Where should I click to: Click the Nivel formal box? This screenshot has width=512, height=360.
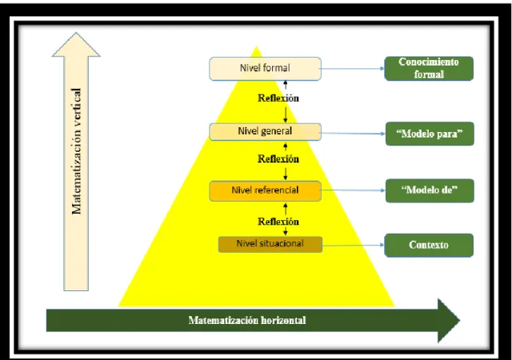tap(265, 68)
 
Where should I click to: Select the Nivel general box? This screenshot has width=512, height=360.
tap(265, 132)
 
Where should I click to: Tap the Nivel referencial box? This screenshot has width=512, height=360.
tap(265, 190)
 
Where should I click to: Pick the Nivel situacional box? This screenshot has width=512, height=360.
tap(270, 244)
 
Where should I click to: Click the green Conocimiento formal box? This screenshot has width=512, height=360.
tap(429, 68)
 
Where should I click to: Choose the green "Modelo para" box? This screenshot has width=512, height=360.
tap(430, 134)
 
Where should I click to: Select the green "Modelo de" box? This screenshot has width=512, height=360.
tap(430, 190)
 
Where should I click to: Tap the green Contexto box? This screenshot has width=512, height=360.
tap(429, 245)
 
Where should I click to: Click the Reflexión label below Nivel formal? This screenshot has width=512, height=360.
tap(278, 98)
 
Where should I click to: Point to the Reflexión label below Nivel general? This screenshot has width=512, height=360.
tap(278, 158)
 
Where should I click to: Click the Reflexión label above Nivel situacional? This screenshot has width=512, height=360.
tap(278, 222)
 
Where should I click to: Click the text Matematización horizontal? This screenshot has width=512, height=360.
tap(247, 320)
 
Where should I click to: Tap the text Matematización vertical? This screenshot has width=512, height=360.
tap(76, 151)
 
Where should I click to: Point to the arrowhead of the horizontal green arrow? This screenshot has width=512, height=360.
tap(460, 321)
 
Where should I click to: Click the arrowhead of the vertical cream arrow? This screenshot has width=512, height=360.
tap(76, 33)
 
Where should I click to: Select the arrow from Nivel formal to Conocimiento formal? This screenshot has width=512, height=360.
tap(353, 69)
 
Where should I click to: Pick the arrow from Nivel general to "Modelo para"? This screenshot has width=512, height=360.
tap(354, 134)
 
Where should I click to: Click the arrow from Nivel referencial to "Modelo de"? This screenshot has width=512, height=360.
tap(354, 190)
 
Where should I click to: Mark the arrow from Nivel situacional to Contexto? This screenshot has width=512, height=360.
tap(354, 245)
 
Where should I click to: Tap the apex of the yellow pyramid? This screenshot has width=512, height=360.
tap(257, 46)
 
